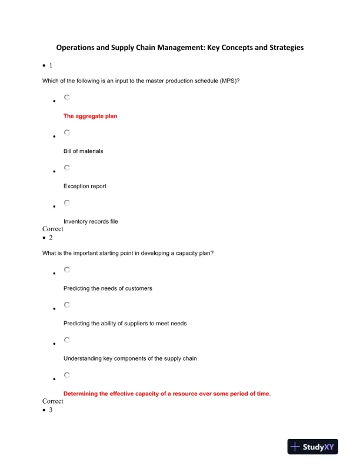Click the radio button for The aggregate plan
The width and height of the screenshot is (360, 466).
tap(67, 98)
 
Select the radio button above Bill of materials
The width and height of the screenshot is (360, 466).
tap(67, 133)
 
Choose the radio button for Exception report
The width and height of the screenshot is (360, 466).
tap(67, 168)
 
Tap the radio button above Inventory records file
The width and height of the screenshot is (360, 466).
tap(67, 202)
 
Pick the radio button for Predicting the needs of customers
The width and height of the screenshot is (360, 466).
tap(67, 270)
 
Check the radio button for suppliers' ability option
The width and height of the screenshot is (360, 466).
tap(67, 305)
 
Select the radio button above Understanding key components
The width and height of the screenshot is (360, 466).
tap(67, 339)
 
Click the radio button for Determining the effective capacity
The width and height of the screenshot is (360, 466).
tap(67, 375)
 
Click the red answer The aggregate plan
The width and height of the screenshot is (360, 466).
tap(90, 116)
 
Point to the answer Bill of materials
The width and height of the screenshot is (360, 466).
tap(83, 151)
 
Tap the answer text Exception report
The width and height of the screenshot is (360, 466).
tap(85, 186)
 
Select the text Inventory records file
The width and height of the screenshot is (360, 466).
tap(91, 221)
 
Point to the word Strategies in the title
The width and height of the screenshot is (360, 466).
tap(284, 47)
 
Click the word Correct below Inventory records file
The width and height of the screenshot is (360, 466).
tap(53, 229)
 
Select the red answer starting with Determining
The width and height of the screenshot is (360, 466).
tap(166, 394)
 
